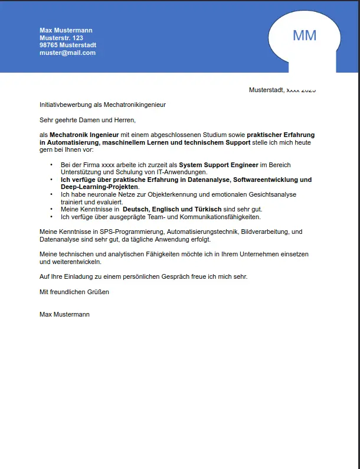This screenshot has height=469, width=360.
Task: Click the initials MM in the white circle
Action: [305, 35]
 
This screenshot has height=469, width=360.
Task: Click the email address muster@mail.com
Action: [67, 53]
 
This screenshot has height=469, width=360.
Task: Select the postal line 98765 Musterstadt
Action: [68, 45]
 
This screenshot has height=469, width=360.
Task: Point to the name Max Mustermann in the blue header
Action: [66, 30]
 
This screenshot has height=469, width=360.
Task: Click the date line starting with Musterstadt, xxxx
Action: [282, 90]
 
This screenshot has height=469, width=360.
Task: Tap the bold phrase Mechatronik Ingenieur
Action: [84, 135]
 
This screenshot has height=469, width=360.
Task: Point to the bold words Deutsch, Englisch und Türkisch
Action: [172, 209]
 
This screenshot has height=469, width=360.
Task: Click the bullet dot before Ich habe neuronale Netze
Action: [51, 194]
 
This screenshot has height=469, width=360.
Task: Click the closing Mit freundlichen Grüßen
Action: [74, 292]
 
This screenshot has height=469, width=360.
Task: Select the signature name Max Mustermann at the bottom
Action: [64, 314]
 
